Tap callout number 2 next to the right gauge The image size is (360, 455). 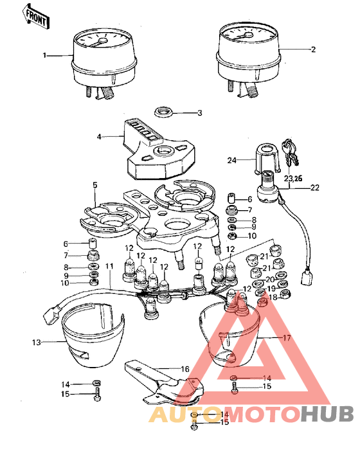(313, 48)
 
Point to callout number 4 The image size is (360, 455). (100, 136)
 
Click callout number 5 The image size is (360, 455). (94, 186)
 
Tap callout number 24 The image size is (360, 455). (231, 159)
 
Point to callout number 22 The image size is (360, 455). (314, 188)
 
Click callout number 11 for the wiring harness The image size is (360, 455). (109, 265)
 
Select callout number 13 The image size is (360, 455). (36, 343)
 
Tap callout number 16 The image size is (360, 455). (184, 370)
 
